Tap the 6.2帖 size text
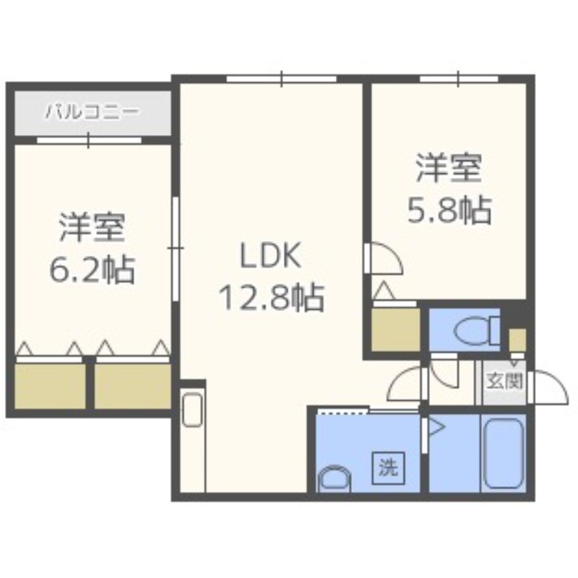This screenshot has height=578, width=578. pos(91,269)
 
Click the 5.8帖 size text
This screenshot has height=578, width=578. pos(448,210)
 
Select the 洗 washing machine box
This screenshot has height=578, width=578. pos(388,467)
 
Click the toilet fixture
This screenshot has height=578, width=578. pos(475,330)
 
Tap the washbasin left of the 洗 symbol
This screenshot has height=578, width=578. pos(334,478)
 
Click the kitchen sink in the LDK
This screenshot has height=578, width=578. pos(192,410)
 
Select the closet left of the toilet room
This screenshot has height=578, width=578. pos(395,329)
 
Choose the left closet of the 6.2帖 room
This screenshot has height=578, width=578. pos(50,386)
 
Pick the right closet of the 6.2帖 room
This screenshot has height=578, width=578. pos(132,386)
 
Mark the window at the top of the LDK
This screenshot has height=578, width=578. pos(282,78)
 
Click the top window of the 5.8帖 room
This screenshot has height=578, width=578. pos(459,78)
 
